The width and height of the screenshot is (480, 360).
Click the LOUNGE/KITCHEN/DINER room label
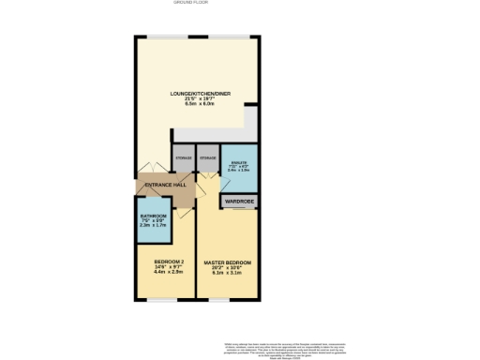tap(198, 94)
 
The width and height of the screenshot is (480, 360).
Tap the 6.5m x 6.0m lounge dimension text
tap(198, 104)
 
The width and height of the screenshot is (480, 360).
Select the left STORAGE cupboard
tap(184, 158)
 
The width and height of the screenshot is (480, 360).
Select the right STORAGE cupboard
tap(208, 158)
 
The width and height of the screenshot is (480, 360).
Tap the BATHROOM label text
tap(152, 217)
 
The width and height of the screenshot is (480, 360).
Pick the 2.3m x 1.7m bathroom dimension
tap(152, 226)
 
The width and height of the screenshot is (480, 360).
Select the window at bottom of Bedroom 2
tap(163, 299)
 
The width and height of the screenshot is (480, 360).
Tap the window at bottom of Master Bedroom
tap(219, 299)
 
